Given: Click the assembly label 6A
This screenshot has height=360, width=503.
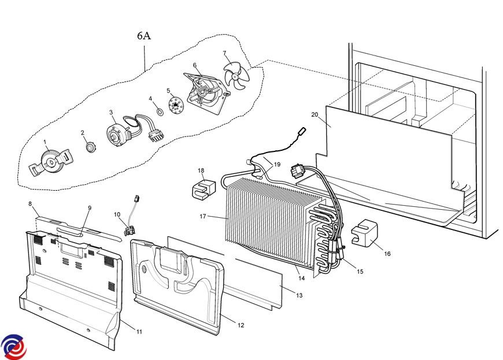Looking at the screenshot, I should [144, 36].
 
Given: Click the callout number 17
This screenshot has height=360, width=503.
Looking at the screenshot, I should [204, 217].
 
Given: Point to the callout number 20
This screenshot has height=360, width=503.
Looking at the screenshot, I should [315, 114].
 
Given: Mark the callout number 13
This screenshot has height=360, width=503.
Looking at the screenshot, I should [299, 295].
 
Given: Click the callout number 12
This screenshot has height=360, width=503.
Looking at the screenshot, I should [241, 325].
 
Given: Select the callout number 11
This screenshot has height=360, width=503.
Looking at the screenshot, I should [139, 332].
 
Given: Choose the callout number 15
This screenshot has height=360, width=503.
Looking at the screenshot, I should [360, 271].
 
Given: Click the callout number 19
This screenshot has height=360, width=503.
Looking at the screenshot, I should [277, 165].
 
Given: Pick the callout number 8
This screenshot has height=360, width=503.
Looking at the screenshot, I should [30, 203].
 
